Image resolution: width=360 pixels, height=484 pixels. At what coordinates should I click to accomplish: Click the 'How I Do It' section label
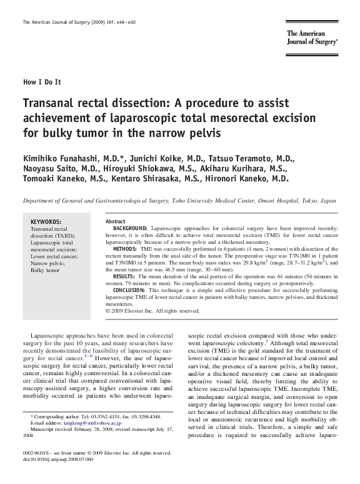[42, 83]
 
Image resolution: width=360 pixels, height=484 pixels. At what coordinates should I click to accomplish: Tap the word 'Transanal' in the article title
[52, 103]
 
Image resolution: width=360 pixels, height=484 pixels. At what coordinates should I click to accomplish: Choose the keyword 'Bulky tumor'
[46, 270]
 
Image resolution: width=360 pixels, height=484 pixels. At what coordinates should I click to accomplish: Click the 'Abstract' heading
[116, 221]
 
